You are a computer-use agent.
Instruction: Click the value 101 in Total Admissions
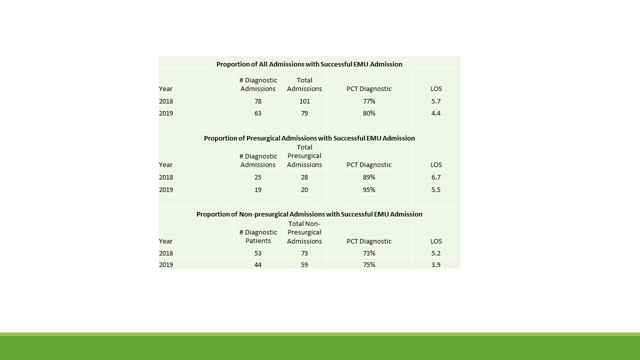(304, 101)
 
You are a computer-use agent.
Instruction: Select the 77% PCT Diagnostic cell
(369, 101)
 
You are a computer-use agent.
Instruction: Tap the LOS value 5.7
(436, 101)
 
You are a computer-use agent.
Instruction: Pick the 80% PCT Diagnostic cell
(369, 113)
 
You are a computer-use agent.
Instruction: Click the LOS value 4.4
(436, 113)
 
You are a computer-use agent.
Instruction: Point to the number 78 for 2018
(258, 101)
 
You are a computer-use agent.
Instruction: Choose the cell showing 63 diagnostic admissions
(258, 113)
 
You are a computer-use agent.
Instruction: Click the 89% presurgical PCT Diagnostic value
(369, 177)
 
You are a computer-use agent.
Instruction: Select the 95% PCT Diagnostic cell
(369, 189)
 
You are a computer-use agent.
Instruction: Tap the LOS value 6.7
(436, 177)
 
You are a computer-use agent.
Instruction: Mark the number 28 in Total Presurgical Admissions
(304, 177)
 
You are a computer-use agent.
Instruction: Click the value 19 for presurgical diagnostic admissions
(258, 189)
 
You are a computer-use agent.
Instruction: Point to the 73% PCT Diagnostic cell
(369, 253)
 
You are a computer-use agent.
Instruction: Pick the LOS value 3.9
(436, 264)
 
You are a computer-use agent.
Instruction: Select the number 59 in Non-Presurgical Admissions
(304, 264)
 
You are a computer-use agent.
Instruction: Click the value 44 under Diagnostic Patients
(258, 264)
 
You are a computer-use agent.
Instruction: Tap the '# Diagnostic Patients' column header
(258, 236)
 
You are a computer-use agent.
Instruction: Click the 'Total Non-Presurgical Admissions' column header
(304, 232)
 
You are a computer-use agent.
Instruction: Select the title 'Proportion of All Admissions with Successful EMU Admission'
(309, 64)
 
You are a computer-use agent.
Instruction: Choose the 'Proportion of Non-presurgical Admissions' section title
(309, 214)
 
